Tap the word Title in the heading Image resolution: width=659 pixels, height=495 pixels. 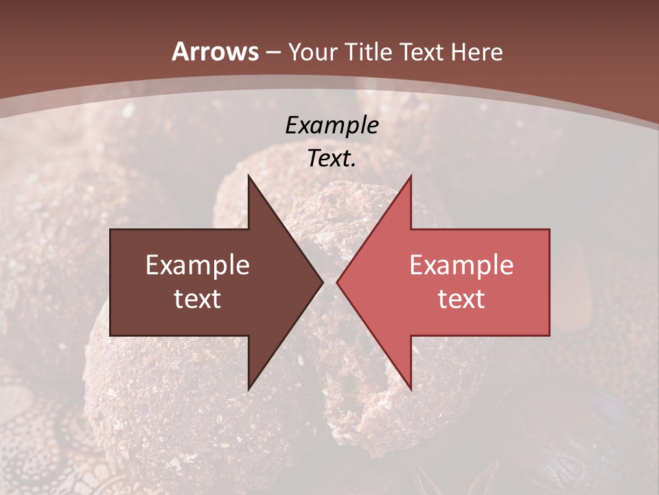click(x=367, y=52)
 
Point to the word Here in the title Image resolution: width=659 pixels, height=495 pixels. click(x=478, y=52)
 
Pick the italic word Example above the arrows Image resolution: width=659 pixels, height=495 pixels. click(x=332, y=125)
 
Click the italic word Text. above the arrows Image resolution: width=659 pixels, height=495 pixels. click(x=332, y=159)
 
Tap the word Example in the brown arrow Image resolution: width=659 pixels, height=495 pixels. click(x=198, y=265)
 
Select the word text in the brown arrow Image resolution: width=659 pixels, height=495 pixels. click(x=198, y=299)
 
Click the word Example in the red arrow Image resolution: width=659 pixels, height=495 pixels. click(x=461, y=265)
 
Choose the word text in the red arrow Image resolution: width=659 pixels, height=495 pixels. click(x=461, y=299)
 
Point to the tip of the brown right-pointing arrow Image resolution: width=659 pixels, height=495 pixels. click(x=323, y=282)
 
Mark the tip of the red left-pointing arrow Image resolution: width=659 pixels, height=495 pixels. click(x=337, y=282)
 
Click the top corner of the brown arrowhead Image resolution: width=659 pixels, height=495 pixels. click(x=248, y=175)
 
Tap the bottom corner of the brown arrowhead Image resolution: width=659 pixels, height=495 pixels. click(x=248, y=389)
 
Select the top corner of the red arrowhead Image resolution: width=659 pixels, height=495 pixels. click(x=411, y=175)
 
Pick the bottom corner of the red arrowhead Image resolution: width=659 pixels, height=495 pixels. click(x=411, y=389)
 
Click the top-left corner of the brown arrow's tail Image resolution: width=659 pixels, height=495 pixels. click(x=111, y=230)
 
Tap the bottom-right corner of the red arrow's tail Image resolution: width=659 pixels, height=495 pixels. click(x=549, y=335)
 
